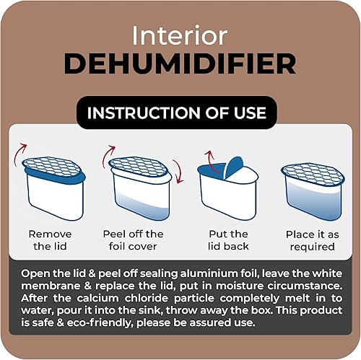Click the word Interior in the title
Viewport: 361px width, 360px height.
180,35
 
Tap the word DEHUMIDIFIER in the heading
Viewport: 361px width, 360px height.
180,63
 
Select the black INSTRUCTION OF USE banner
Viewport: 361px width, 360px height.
177,113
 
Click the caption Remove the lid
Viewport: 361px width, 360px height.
50,240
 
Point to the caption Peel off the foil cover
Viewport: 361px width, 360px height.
133,240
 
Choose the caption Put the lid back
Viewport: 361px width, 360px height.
228,240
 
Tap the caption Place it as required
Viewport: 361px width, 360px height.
313,240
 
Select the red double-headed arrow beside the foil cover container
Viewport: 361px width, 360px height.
178,171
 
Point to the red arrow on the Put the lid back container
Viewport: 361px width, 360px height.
211,162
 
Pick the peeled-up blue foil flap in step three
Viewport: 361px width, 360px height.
233,167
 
